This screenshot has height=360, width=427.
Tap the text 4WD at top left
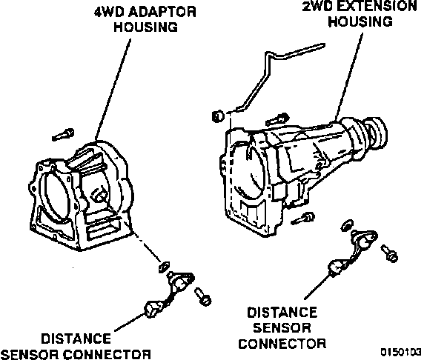[110, 12]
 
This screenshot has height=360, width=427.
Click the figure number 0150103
[401, 352]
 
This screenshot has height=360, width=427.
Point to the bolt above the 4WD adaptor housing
[63, 135]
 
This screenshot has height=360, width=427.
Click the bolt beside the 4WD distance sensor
[203, 296]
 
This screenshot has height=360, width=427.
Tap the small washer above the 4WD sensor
[164, 267]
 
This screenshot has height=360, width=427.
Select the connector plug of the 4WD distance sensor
[152, 309]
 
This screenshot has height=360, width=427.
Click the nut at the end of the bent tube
[218, 116]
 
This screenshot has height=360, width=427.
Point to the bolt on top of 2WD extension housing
[277, 120]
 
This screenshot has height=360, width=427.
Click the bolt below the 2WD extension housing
[302, 219]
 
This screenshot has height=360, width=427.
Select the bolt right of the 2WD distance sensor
[390, 253]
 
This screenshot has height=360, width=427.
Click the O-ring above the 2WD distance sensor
[347, 226]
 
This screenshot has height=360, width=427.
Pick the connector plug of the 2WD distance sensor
[336, 267]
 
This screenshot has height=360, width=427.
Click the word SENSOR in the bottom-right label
[282, 328]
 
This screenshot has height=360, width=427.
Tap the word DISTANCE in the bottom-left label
[76, 339]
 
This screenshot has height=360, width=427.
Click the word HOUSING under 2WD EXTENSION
[360, 21]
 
